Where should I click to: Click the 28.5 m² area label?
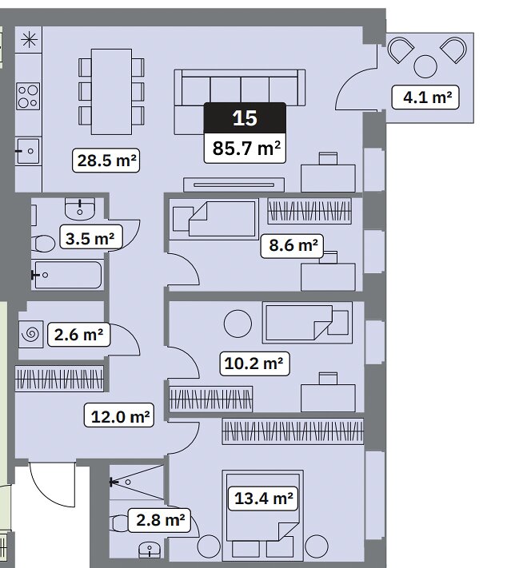pyautogui.click(x=106, y=160)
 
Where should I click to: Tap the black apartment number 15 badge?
pyautogui.click(x=246, y=117)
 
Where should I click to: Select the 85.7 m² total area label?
pyautogui.click(x=246, y=148)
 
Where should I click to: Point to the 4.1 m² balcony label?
pyautogui.click(x=425, y=97)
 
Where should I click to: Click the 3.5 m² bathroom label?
pyautogui.click(x=90, y=238)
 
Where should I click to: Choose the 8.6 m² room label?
pyautogui.click(x=292, y=245)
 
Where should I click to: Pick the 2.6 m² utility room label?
pyautogui.click(x=78, y=335)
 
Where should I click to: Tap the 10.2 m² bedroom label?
pyautogui.click(x=254, y=363)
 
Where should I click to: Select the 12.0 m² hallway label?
pyautogui.click(x=119, y=415)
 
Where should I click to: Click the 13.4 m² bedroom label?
pyautogui.click(x=263, y=498)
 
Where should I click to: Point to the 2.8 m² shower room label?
pyautogui.click(x=159, y=520)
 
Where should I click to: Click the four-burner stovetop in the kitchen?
pyautogui.click(x=28, y=97)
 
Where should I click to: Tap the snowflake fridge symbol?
pyautogui.click(x=29, y=39)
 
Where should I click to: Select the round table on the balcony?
pyautogui.click(x=425, y=66)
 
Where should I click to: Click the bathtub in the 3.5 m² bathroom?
pyautogui.click(x=67, y=275)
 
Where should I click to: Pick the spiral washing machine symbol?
pyautogui.click(x=31, y=335)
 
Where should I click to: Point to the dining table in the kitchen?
pyautogui.click(x=111, y=92)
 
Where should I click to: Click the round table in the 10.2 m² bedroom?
pyautogui.click(x=238, y=324)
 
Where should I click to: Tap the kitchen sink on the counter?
pyautogui.click(x=27, y=151)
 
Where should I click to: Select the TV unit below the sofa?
pyautogui.click(x=234, y=185)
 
